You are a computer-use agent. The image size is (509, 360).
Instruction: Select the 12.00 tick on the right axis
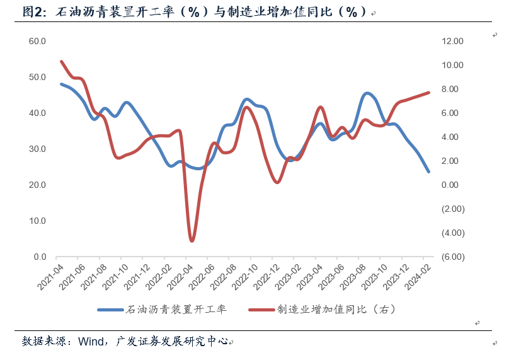pos(452,41)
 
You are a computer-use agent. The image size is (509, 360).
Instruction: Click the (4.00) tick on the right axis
pos(452,233)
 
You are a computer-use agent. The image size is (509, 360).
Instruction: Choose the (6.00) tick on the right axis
pos(452,257)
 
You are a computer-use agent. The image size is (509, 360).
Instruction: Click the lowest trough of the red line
pos(192,241)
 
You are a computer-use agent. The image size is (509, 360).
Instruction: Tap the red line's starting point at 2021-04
pos(61,62)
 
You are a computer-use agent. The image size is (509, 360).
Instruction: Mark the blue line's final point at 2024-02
pos(428,171)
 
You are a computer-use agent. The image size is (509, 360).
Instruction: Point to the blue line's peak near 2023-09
pos(368,93)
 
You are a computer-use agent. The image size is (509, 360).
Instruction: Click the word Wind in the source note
pos(92,341)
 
